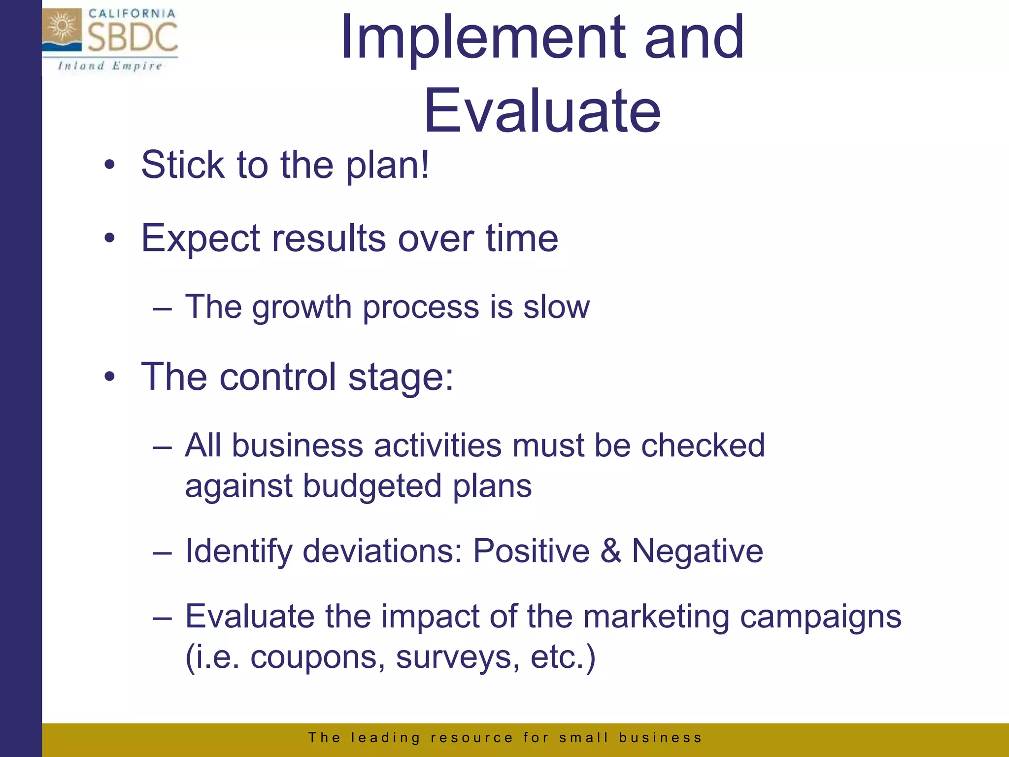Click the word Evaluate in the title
pos(542,111)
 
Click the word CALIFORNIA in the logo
pos(132,14)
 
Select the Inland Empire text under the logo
pos(110,66)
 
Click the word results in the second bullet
pos(330,239)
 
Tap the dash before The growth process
pos(162,310)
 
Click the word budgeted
pos(372,487)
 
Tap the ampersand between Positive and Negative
pos(611,551)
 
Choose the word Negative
pos(698,551)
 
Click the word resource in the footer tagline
pos(472,738)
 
